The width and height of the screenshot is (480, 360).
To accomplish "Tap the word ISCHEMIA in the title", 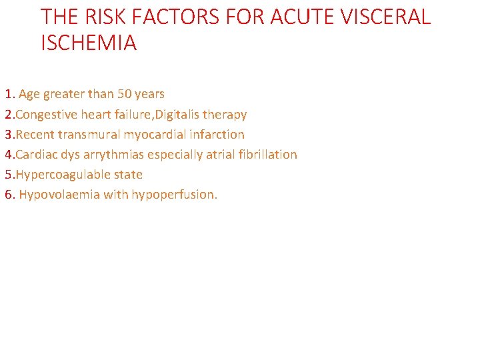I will point(89,43).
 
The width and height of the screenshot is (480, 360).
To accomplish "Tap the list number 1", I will point(8,94).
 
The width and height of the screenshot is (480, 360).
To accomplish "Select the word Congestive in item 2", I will point(47,115).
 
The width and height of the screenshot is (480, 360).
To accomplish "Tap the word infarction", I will point(217,135).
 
